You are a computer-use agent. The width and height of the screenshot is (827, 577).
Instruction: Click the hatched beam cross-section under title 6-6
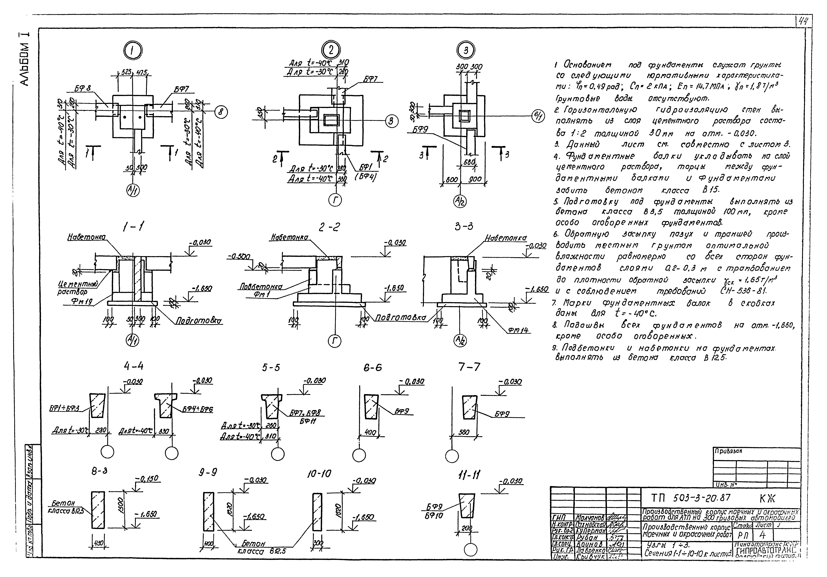point(371,407)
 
